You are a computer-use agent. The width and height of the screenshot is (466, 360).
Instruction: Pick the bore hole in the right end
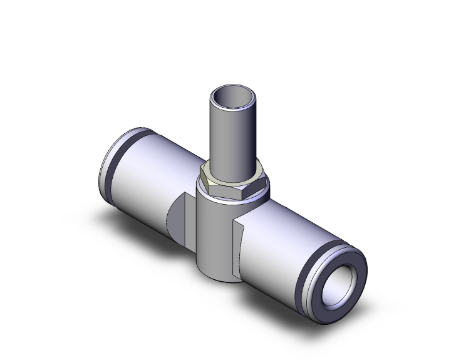(341, 279)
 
